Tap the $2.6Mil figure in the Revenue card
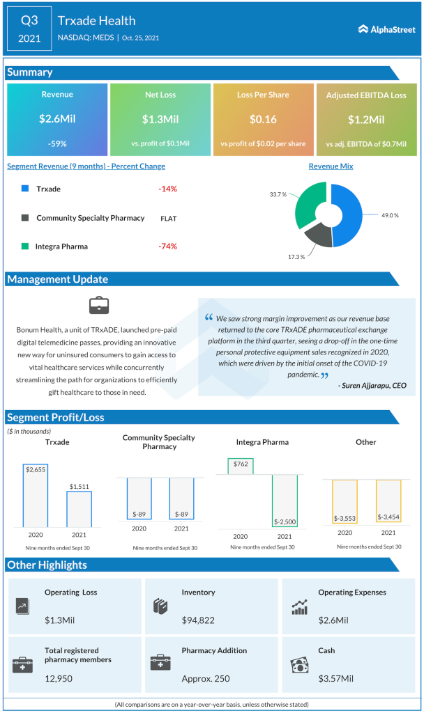56,119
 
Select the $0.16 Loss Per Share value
263,119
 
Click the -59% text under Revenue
56,143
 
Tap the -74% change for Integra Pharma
167,246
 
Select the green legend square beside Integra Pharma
25,246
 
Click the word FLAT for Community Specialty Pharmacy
168,218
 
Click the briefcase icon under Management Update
98,305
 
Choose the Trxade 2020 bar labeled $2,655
35,496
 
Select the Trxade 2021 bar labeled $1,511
79,508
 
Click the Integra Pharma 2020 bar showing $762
241,466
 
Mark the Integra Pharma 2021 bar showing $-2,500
285,501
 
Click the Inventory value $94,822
197,619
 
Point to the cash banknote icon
298,664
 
